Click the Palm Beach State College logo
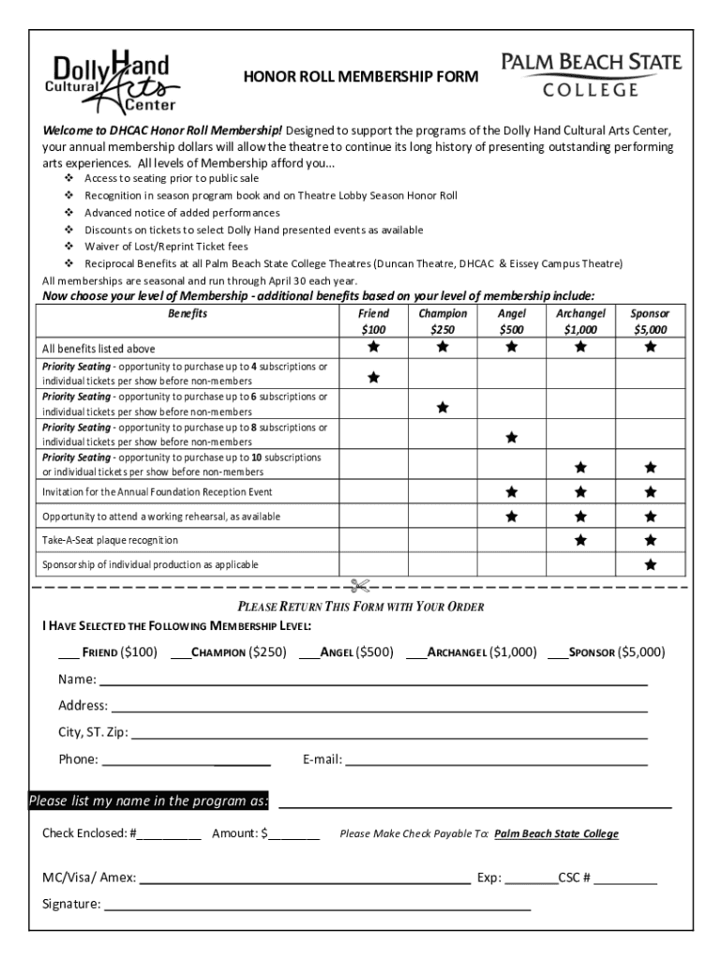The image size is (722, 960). (x=592, y=75)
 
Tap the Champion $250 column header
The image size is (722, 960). (x=442, y=321)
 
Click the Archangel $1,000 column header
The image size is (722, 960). (x=580, y=321)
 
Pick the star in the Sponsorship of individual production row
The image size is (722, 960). (x=650, y=565)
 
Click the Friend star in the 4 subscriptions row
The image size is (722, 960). (x=373, y=378)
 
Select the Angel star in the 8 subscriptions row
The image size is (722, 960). (x=511, y=437)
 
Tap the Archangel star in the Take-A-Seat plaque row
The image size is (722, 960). (x=580, y=540)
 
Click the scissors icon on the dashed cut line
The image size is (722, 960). (x=359, y=587)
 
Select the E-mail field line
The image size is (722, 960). (x=497, y=761)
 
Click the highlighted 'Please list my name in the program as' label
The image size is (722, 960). (x=149, y=801)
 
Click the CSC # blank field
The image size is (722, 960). (x=625, y=880)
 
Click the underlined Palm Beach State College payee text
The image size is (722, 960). (x=556, y=833)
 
